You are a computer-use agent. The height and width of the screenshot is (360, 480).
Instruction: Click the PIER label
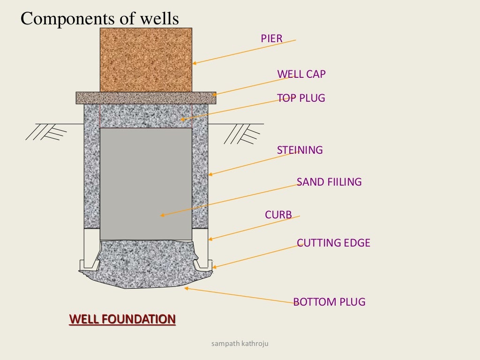271,38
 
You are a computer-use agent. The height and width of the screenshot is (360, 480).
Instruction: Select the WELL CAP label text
301,74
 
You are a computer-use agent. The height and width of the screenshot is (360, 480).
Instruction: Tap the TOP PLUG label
300,98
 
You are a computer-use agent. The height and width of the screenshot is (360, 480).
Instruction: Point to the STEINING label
300,150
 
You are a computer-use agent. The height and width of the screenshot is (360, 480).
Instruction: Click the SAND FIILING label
329,182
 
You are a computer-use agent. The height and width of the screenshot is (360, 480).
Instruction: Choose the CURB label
278,215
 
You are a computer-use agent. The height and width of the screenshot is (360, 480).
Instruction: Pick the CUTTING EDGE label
333,243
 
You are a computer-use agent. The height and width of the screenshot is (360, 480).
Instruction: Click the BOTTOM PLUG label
329,302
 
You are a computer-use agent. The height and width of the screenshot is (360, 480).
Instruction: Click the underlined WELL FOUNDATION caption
122,320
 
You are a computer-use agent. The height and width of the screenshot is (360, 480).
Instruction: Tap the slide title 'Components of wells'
100,19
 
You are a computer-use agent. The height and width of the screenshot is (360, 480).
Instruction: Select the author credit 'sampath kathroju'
240,344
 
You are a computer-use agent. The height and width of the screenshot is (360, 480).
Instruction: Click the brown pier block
146,60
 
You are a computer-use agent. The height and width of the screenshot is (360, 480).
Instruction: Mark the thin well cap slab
146,97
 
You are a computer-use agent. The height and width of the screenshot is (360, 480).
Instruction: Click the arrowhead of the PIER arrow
194,63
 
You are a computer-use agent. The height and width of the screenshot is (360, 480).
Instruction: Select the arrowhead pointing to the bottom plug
186,288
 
